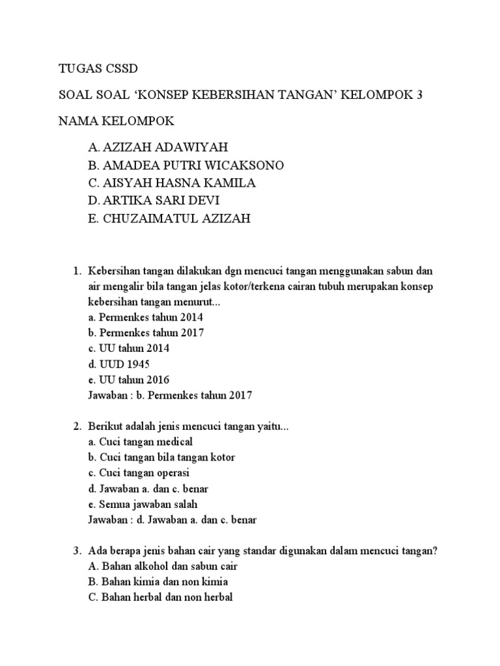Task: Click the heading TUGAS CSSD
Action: (98, 68)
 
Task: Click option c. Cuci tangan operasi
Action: (139, 473)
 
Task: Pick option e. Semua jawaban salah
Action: (142, 505)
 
